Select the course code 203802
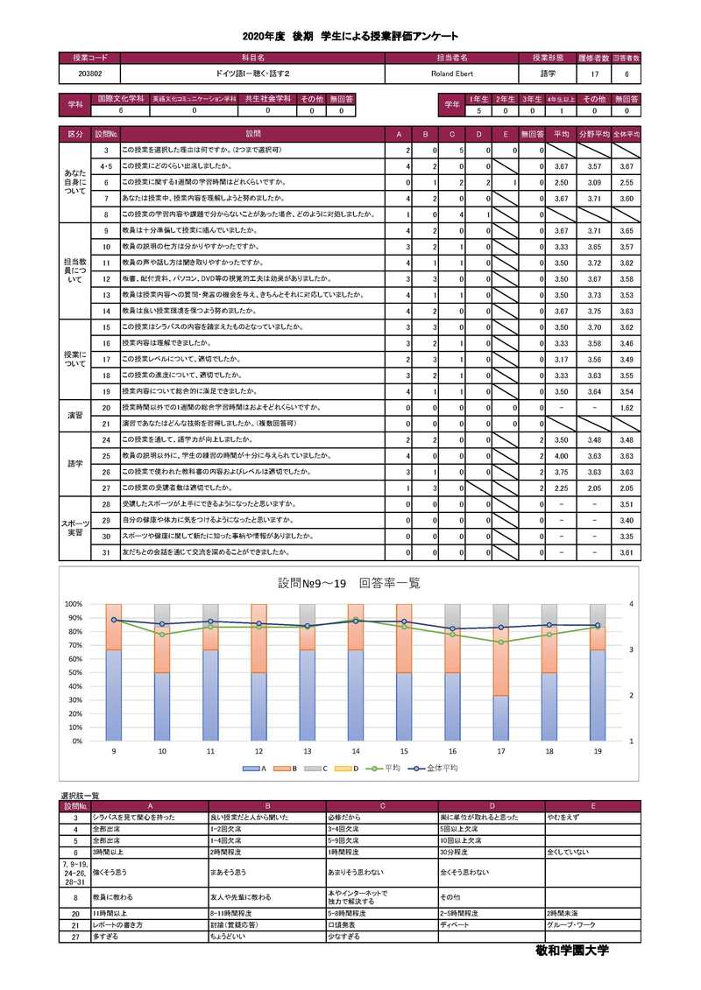click(89, 74)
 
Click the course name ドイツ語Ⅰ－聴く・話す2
click(251, 74)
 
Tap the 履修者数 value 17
click(594, 74)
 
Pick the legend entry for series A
click(258, 768)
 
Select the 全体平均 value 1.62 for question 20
click(626, 408)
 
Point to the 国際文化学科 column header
click(121, 100)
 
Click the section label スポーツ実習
click(75, 529)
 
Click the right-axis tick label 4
click(631, 604)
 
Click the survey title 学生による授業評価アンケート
click(389, 36)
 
